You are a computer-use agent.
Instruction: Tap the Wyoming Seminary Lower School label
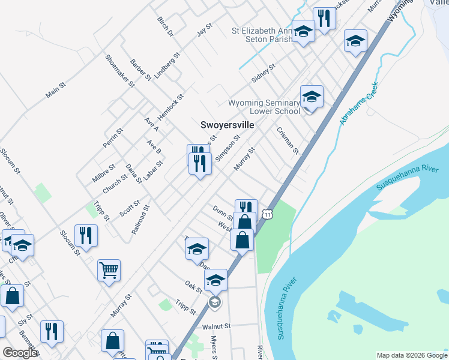pos(264,107)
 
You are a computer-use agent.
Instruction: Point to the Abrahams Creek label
pos(357,103)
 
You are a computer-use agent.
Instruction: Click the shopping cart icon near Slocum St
pos(109,271)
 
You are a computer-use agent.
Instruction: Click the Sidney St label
pos(263,73)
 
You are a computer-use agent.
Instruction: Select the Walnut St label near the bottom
pos(216,327)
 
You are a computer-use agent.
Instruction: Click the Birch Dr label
pos(165,26)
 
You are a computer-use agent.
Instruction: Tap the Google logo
pos(20,353)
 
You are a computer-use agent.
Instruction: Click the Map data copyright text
pos(412,355)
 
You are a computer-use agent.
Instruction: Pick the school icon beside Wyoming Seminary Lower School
pos(312,97)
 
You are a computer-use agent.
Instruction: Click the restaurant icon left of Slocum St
pos(86,235)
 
